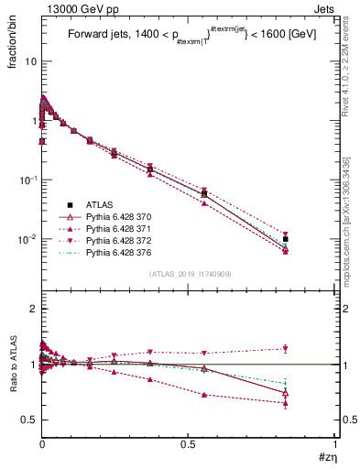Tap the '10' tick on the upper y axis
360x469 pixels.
point(28,61)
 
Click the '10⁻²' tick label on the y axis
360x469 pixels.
point(27,239)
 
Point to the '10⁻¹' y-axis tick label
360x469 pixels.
point(27,180)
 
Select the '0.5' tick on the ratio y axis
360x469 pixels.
point(28,420)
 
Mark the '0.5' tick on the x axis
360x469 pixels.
point(189,444)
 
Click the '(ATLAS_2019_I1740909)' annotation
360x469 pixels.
point(189,274)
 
